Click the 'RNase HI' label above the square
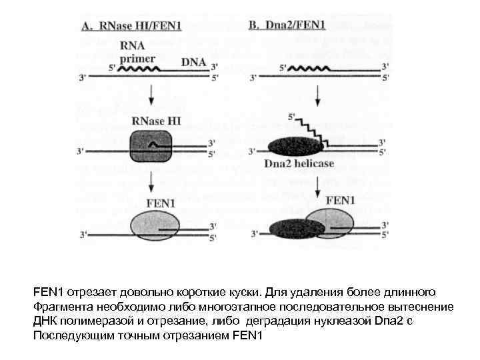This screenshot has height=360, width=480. (x=153, y=121)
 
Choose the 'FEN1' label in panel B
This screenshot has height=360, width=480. (x=341, y=199)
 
